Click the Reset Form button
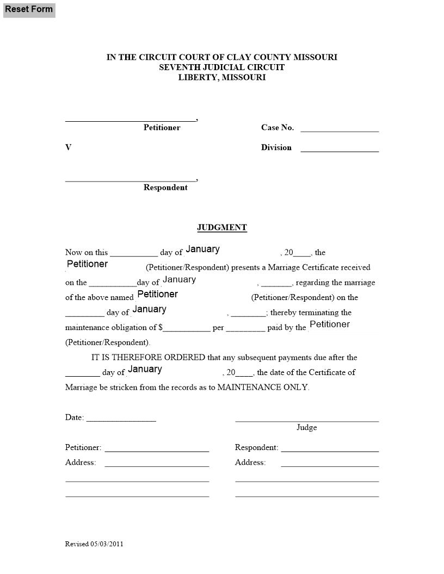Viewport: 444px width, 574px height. point(29,9)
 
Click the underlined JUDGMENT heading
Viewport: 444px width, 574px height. point(222,228)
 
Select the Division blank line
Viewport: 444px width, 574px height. point(340,148)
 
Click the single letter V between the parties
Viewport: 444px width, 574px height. point(69,147)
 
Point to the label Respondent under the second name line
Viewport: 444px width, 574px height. point(165,188)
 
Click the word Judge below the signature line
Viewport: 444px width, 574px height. point(306,427)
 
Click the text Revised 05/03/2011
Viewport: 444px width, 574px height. point(94,544)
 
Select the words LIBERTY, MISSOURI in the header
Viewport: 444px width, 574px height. point(222,78)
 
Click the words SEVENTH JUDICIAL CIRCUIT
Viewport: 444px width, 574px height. point(222,67)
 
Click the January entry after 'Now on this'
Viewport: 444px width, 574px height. point(203,249)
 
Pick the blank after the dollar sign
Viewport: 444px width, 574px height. point(187,328)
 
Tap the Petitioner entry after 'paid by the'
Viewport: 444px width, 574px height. point(330,325)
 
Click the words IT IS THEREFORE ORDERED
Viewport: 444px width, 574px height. point(148,358)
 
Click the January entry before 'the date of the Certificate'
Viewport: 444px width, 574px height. point(145,369)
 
